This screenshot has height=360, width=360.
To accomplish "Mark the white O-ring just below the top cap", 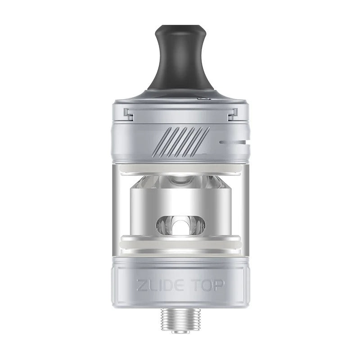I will pos(180,166).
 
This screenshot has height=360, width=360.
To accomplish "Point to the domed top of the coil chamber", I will pos(180,182).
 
